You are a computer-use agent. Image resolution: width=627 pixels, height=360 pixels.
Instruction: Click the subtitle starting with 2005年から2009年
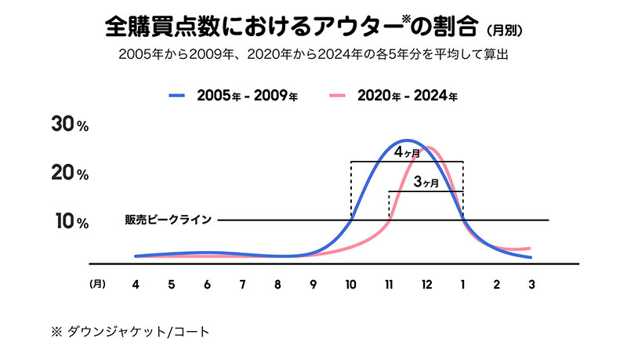313,55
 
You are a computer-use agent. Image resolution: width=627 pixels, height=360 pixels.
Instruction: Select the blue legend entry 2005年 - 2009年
235,96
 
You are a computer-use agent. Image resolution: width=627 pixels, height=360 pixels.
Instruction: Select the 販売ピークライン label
168,220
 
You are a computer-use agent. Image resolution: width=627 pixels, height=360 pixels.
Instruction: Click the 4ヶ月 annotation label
407,154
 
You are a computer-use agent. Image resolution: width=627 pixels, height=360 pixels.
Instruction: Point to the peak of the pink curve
429,147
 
